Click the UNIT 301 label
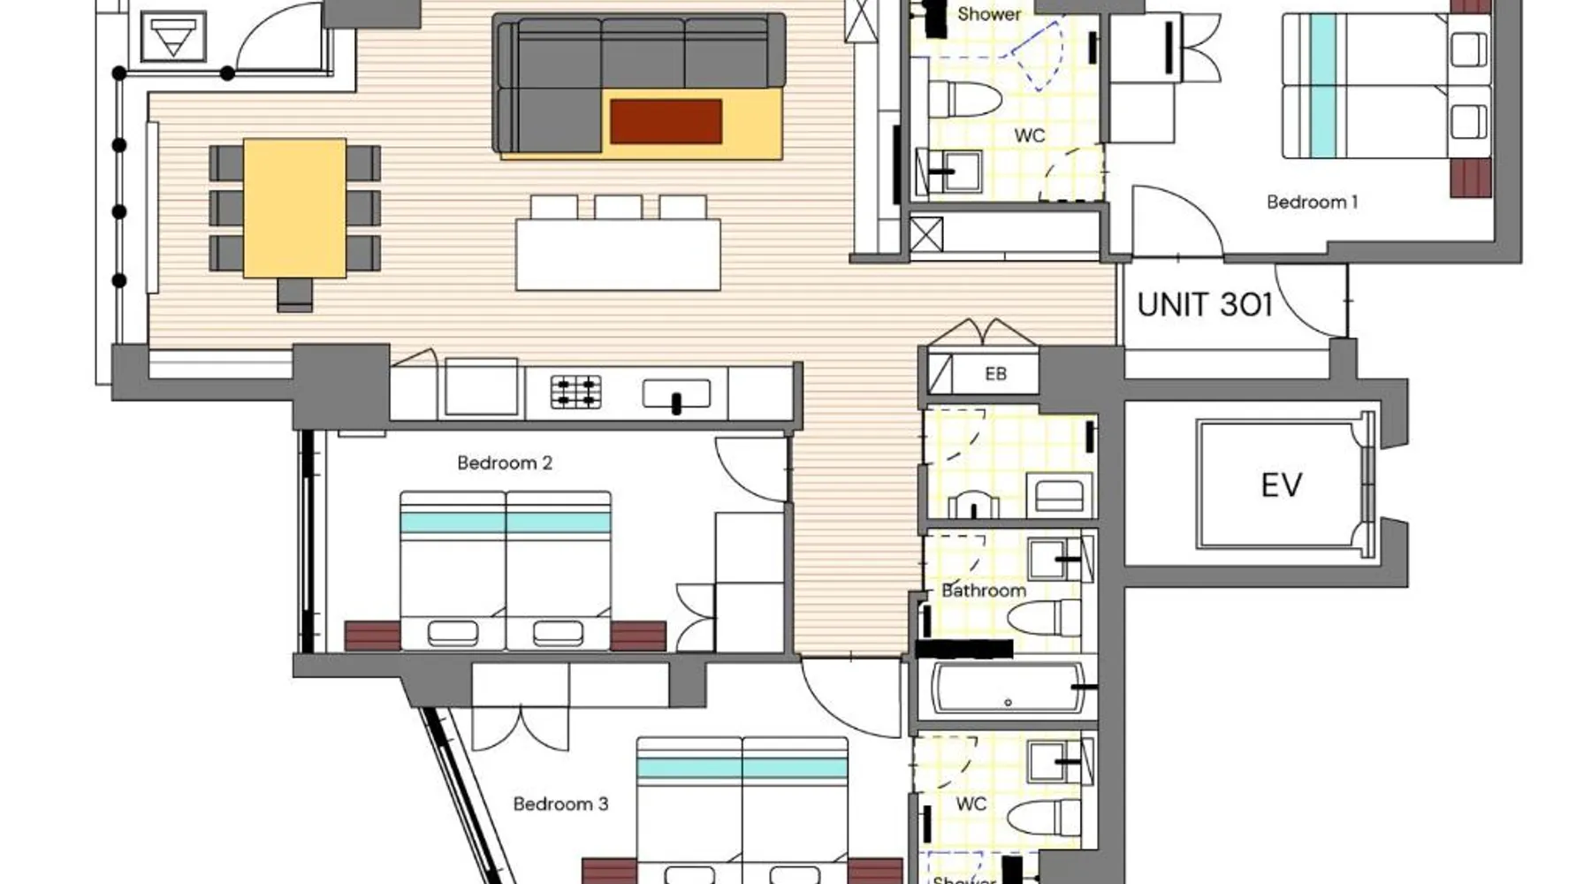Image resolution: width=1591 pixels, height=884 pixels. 1205,305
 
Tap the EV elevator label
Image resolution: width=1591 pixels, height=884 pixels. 1282,485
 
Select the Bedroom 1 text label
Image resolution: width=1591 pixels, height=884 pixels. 1312,202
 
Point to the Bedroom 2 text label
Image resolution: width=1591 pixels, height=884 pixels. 505,462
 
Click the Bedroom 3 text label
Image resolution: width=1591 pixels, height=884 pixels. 560,804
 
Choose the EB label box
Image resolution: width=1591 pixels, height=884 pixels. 995,374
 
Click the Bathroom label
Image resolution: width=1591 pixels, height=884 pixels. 984,591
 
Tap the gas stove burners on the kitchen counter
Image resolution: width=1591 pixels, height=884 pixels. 576,392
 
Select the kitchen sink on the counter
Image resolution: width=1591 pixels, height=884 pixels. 676,394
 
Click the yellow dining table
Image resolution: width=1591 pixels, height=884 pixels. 294,208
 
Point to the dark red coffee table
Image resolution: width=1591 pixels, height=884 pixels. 666,121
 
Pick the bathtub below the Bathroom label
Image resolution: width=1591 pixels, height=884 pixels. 1008,689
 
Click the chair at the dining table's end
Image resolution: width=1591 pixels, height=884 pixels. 294,293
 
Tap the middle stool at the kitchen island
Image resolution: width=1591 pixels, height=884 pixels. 618,207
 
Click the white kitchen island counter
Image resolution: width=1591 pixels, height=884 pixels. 618,255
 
